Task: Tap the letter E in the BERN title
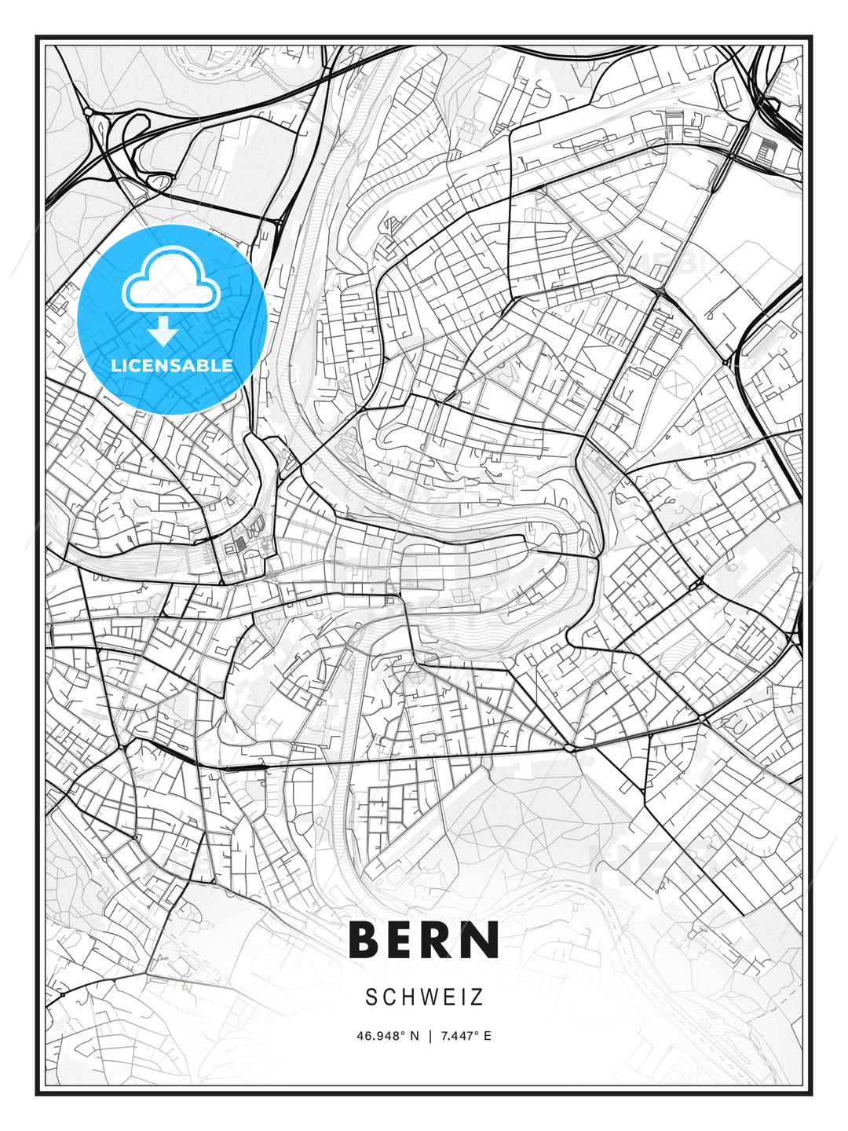click(408, 939)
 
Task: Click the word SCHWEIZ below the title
click(424, 997)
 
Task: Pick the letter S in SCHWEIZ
click(371, 997)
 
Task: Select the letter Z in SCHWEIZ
click(477, 997)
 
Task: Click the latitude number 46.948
click(377, 1036)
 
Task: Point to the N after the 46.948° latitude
click(414, 1036)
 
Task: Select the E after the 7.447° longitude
click(488, 1036)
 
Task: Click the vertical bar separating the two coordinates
click(429, 1036)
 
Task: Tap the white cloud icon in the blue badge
click(170, 280)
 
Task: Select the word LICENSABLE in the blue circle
click(172, 365)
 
